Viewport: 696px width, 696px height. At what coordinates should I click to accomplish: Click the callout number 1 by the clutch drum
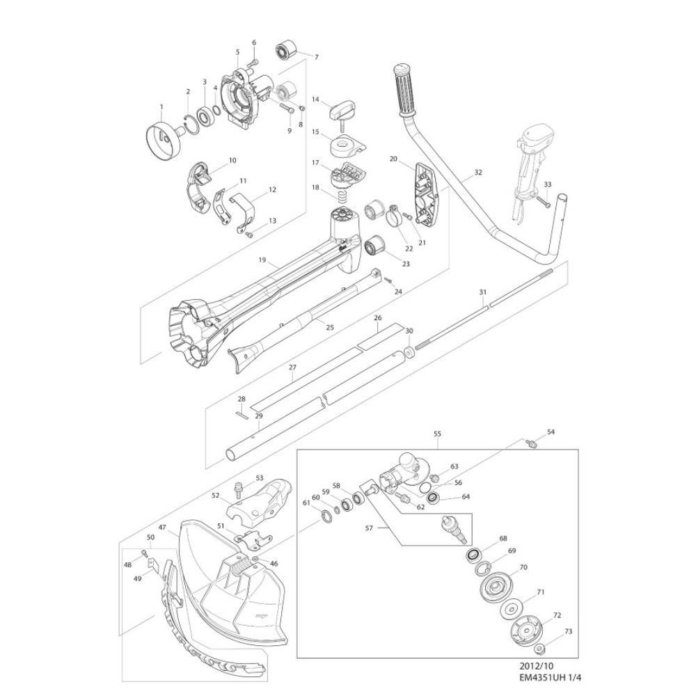[161, 107]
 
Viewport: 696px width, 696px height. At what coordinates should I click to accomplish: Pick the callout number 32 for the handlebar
[477, 172]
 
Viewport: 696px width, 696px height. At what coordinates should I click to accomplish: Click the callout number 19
[262, 260]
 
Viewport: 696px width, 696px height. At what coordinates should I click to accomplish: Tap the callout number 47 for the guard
[162, 528]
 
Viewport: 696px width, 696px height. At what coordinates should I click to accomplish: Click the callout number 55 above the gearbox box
[437, 434]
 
